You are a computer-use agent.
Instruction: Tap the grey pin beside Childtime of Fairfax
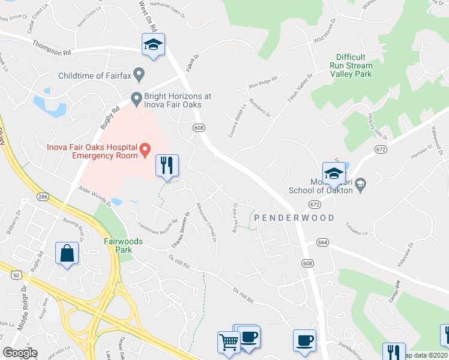coord(139,75)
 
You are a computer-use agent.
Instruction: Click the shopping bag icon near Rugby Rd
coord(67,254)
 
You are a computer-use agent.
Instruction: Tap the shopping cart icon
coord(229,343)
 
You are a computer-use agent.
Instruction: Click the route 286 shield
coord(43,196)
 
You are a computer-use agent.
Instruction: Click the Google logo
coord(20,353)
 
